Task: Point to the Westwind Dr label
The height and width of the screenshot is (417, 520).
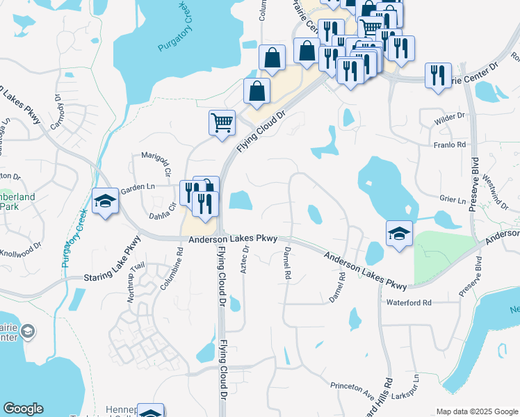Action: click(499, 191)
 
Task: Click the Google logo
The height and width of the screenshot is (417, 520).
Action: click(23, 409)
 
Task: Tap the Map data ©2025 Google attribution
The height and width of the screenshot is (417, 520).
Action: click(476, 411)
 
